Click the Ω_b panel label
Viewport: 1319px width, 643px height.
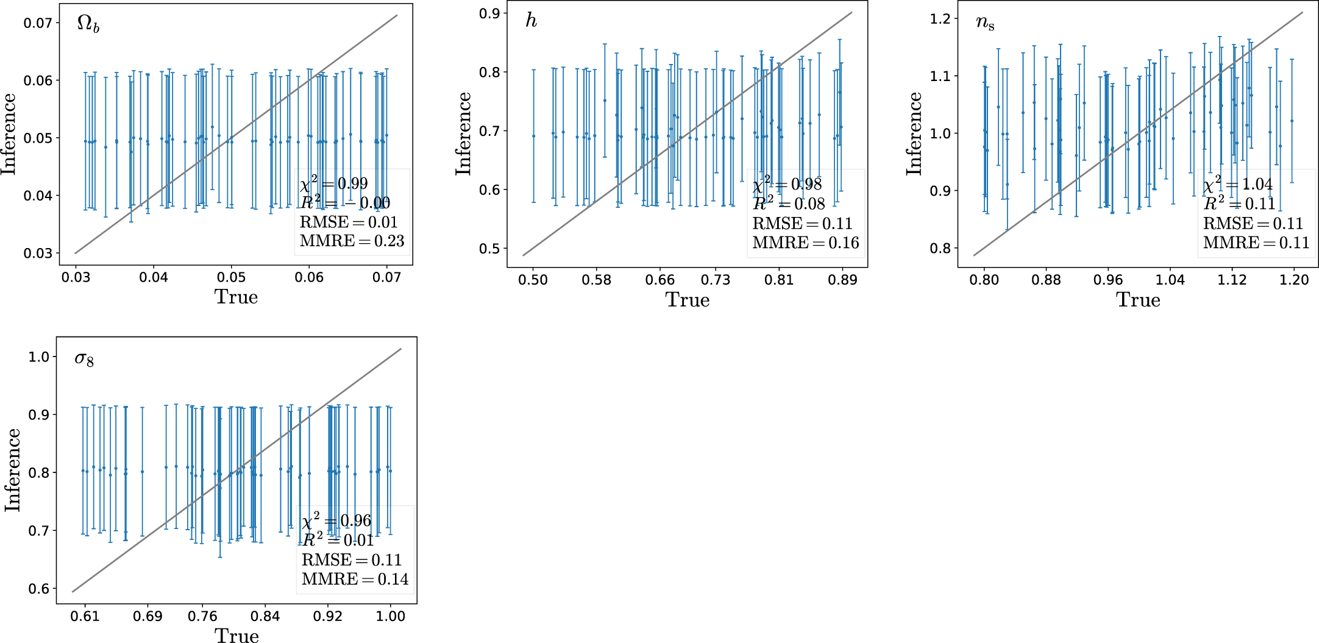[x=88, y=24]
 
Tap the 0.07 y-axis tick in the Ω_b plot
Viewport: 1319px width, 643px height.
[x=37, y=23]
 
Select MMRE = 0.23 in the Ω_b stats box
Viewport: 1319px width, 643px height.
[x=352, y=241]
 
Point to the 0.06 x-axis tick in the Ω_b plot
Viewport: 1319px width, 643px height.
[x=309, y=278]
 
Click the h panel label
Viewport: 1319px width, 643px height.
[x=531, y=21]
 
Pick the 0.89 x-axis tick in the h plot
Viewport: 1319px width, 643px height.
[x=842, y=280]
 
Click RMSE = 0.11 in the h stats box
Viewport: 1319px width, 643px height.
[x=802, y=224]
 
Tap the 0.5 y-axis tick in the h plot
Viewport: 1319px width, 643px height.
[x=489, y=249]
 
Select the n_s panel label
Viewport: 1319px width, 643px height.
[x=984, y=23]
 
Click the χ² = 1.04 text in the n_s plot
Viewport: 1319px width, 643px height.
[x=1237, y=185]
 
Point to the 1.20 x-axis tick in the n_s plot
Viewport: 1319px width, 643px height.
[x=1294, y=280]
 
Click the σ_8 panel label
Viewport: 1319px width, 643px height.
[x=84, y=359]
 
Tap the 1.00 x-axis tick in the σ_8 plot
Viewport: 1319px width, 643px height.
[x=390, y=617]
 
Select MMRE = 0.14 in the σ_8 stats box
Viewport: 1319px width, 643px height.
[x=355, y=579]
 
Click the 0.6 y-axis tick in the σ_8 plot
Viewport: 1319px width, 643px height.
[x=38, y=589]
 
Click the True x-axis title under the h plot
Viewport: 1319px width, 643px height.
[x=687, y=300]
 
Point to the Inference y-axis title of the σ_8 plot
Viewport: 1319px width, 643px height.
[x=12, y=470]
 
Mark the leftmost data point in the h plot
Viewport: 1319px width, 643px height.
[x=533, y=136]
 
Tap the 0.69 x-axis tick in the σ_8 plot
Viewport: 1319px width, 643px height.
[x=148, y=617]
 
